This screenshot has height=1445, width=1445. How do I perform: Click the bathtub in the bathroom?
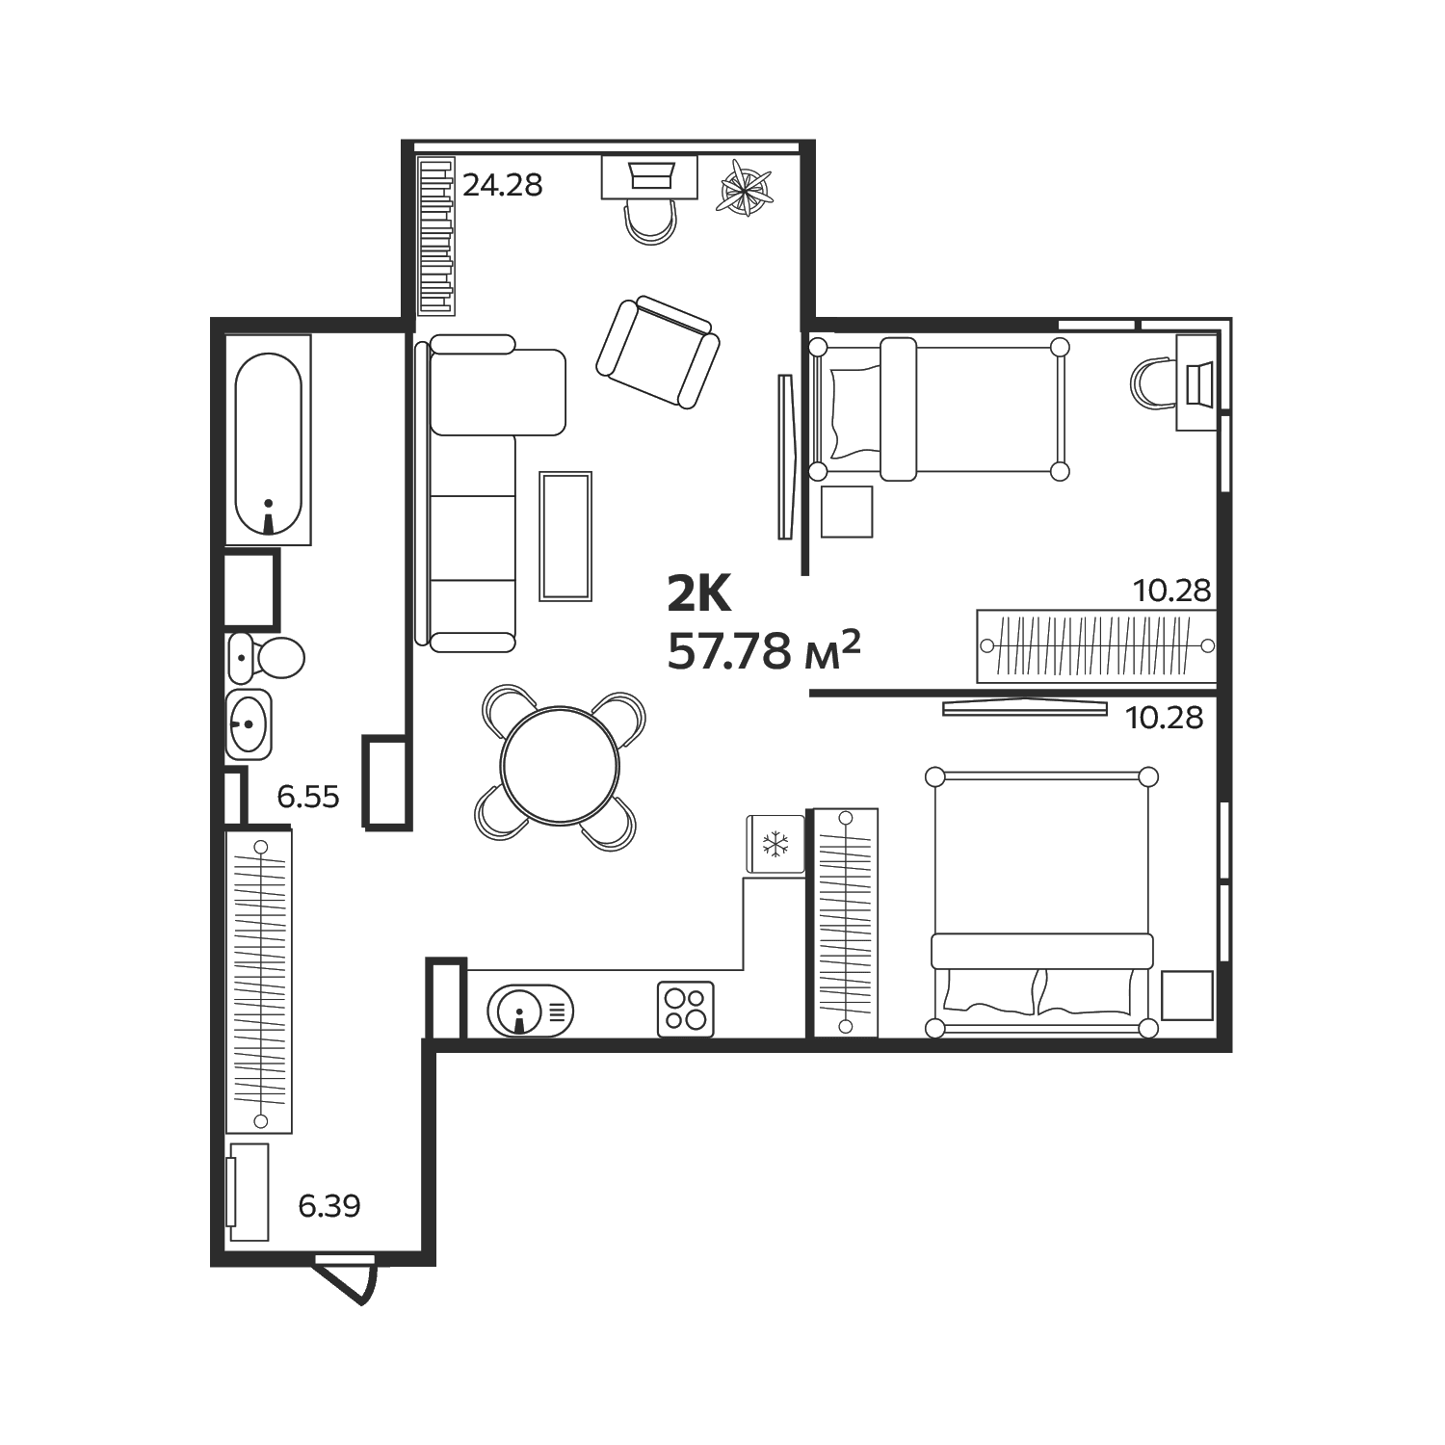(269, 440)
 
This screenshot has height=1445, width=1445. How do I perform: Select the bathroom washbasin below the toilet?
(250, 724)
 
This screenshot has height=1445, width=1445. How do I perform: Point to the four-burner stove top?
(686, 1009)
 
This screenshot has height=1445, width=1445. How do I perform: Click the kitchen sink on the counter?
(530, 1011)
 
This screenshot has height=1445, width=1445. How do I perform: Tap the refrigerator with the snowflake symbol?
(775, 845)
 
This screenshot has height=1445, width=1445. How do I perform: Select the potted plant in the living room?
(747, 187)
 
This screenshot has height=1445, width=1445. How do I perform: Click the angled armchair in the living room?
(658, 352)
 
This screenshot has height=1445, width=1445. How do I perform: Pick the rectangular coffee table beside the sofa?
(565, 536)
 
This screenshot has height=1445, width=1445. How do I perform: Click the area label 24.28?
(503, 184)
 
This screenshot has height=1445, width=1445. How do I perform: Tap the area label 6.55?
(308, 797)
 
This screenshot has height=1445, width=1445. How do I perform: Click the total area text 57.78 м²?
(763, 651)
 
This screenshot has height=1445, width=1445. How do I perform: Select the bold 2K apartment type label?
(700, 593)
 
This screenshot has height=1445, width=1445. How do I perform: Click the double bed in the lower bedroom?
(1041, 902)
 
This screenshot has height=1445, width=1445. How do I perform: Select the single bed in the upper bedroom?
(938, 408)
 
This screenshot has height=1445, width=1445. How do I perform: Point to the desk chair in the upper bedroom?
(1152, 383)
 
